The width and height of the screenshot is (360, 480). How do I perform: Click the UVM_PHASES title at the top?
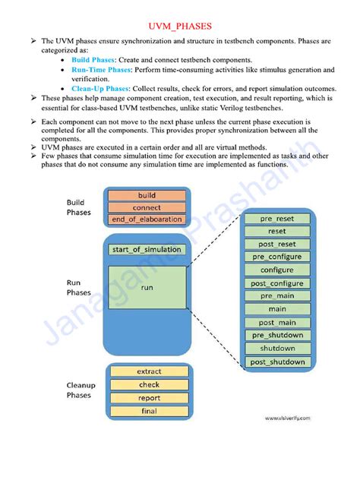click(x=180, y=26)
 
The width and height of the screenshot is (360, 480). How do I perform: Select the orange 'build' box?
click(x=147, y=195)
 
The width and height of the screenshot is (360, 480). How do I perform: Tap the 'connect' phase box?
click(x=147, y=207)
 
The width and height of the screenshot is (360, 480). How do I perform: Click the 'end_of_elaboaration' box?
click(x=147, y=219)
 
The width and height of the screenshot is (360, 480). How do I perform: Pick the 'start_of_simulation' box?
click(x=147, y=249)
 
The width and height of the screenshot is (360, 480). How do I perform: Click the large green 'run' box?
click(x=147, y=288)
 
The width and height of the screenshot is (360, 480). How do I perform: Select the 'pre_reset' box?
click(x=277, y=219)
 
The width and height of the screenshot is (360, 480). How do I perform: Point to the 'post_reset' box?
click(x=277, y=244)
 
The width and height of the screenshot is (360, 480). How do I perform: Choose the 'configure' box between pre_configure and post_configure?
click(x=277, y=270)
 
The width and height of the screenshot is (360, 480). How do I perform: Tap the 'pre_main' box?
click(x=277, y=296)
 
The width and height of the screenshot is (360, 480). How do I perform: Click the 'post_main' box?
click(x=277, y=323)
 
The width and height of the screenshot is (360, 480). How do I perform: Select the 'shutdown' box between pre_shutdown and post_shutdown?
click(x=277, y=349)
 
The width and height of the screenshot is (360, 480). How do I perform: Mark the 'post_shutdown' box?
click(x=277, y=362)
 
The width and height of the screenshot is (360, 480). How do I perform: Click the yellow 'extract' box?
click(x=149, y=371)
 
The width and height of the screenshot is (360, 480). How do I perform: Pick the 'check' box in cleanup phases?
click(x=149, y=384)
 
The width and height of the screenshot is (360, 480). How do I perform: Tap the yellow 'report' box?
click(x=149, y=398)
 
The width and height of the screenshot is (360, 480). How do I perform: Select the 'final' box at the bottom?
click(x=149, y=411)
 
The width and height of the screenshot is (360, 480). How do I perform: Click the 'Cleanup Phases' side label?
click(x=78, y=390)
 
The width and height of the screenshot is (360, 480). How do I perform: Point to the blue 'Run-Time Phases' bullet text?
click(x=101, y=70)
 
